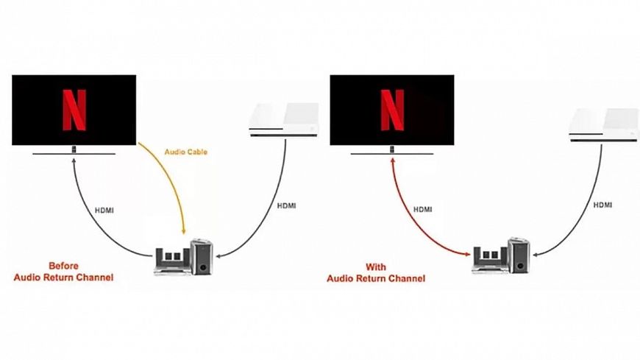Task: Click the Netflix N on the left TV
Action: tap(74, 110)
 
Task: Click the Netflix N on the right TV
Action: tap(392, 110)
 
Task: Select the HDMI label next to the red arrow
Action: tap(424, 209)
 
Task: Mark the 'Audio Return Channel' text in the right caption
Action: tap(377, 278)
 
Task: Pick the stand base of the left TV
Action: tap(74, 154)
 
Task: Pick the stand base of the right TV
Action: tap(392, 154)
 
